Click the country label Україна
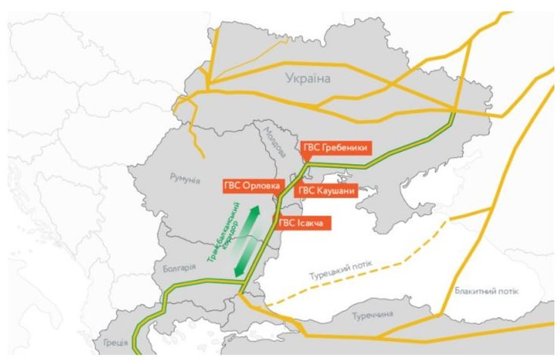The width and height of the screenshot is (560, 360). [x=309, y=78]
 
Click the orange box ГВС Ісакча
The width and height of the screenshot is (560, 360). [x=303, y=222]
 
